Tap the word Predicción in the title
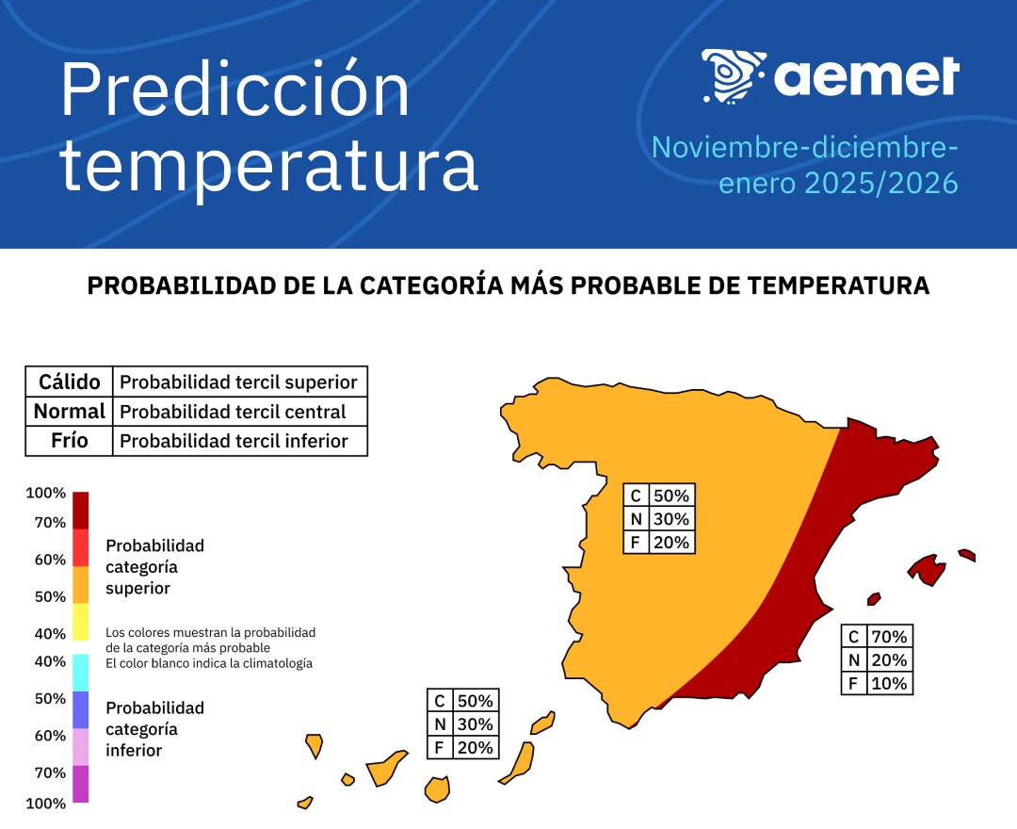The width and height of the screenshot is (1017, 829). (x=235, y=91)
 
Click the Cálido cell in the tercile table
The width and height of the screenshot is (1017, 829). (x=69, y=382)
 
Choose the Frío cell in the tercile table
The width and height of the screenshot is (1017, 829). (x=69, y=441)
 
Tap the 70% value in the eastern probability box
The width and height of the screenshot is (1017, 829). (x=889, y=637)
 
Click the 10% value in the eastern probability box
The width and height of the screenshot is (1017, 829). (x=889, y=684)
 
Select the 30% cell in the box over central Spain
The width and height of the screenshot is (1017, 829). (x=671, y=519)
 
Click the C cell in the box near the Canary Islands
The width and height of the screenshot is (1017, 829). (x=439, y=701)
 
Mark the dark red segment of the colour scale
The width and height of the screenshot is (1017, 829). (x=81, y=510)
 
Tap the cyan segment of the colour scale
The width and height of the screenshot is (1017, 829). (x=81, y=673)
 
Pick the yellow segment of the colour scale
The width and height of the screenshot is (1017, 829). (x=81, y=622)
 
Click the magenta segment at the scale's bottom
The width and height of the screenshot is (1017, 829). (x=81, y=784)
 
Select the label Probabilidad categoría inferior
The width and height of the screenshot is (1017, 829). (x=154, y=729)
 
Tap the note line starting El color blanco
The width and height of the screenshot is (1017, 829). (x=209, y=663)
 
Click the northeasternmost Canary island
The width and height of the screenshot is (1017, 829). (x=541, y=723)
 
